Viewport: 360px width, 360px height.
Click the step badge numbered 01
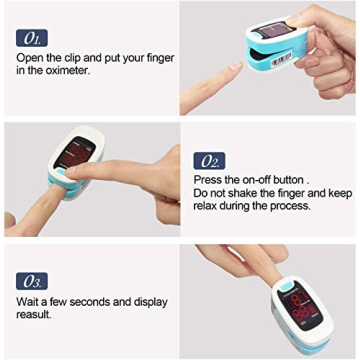point(31,39)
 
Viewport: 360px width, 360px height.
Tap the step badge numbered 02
point(210,161)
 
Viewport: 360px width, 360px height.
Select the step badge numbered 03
point(31,280)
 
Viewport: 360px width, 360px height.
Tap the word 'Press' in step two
point(210,180)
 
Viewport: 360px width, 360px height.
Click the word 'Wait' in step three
point(28,301)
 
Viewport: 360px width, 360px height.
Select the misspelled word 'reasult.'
point(36,315)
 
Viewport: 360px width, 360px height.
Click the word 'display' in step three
point(148,301)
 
